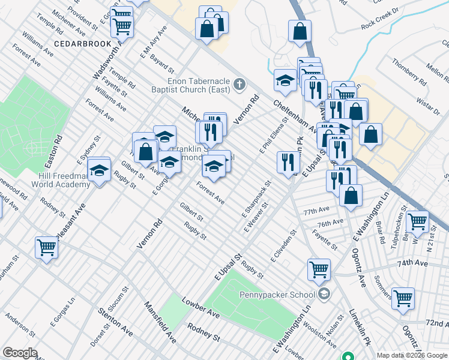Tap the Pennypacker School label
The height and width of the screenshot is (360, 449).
[x=286, y=294]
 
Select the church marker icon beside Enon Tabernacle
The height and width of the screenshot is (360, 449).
[x=240, y=83]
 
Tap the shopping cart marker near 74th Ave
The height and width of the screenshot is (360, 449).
[x=319, y=269]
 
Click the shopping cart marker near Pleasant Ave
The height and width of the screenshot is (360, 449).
[x=46, y=247]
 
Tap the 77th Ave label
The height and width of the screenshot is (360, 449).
[x=316, y=212]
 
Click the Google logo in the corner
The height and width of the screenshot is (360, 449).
[x=20, y=353]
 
